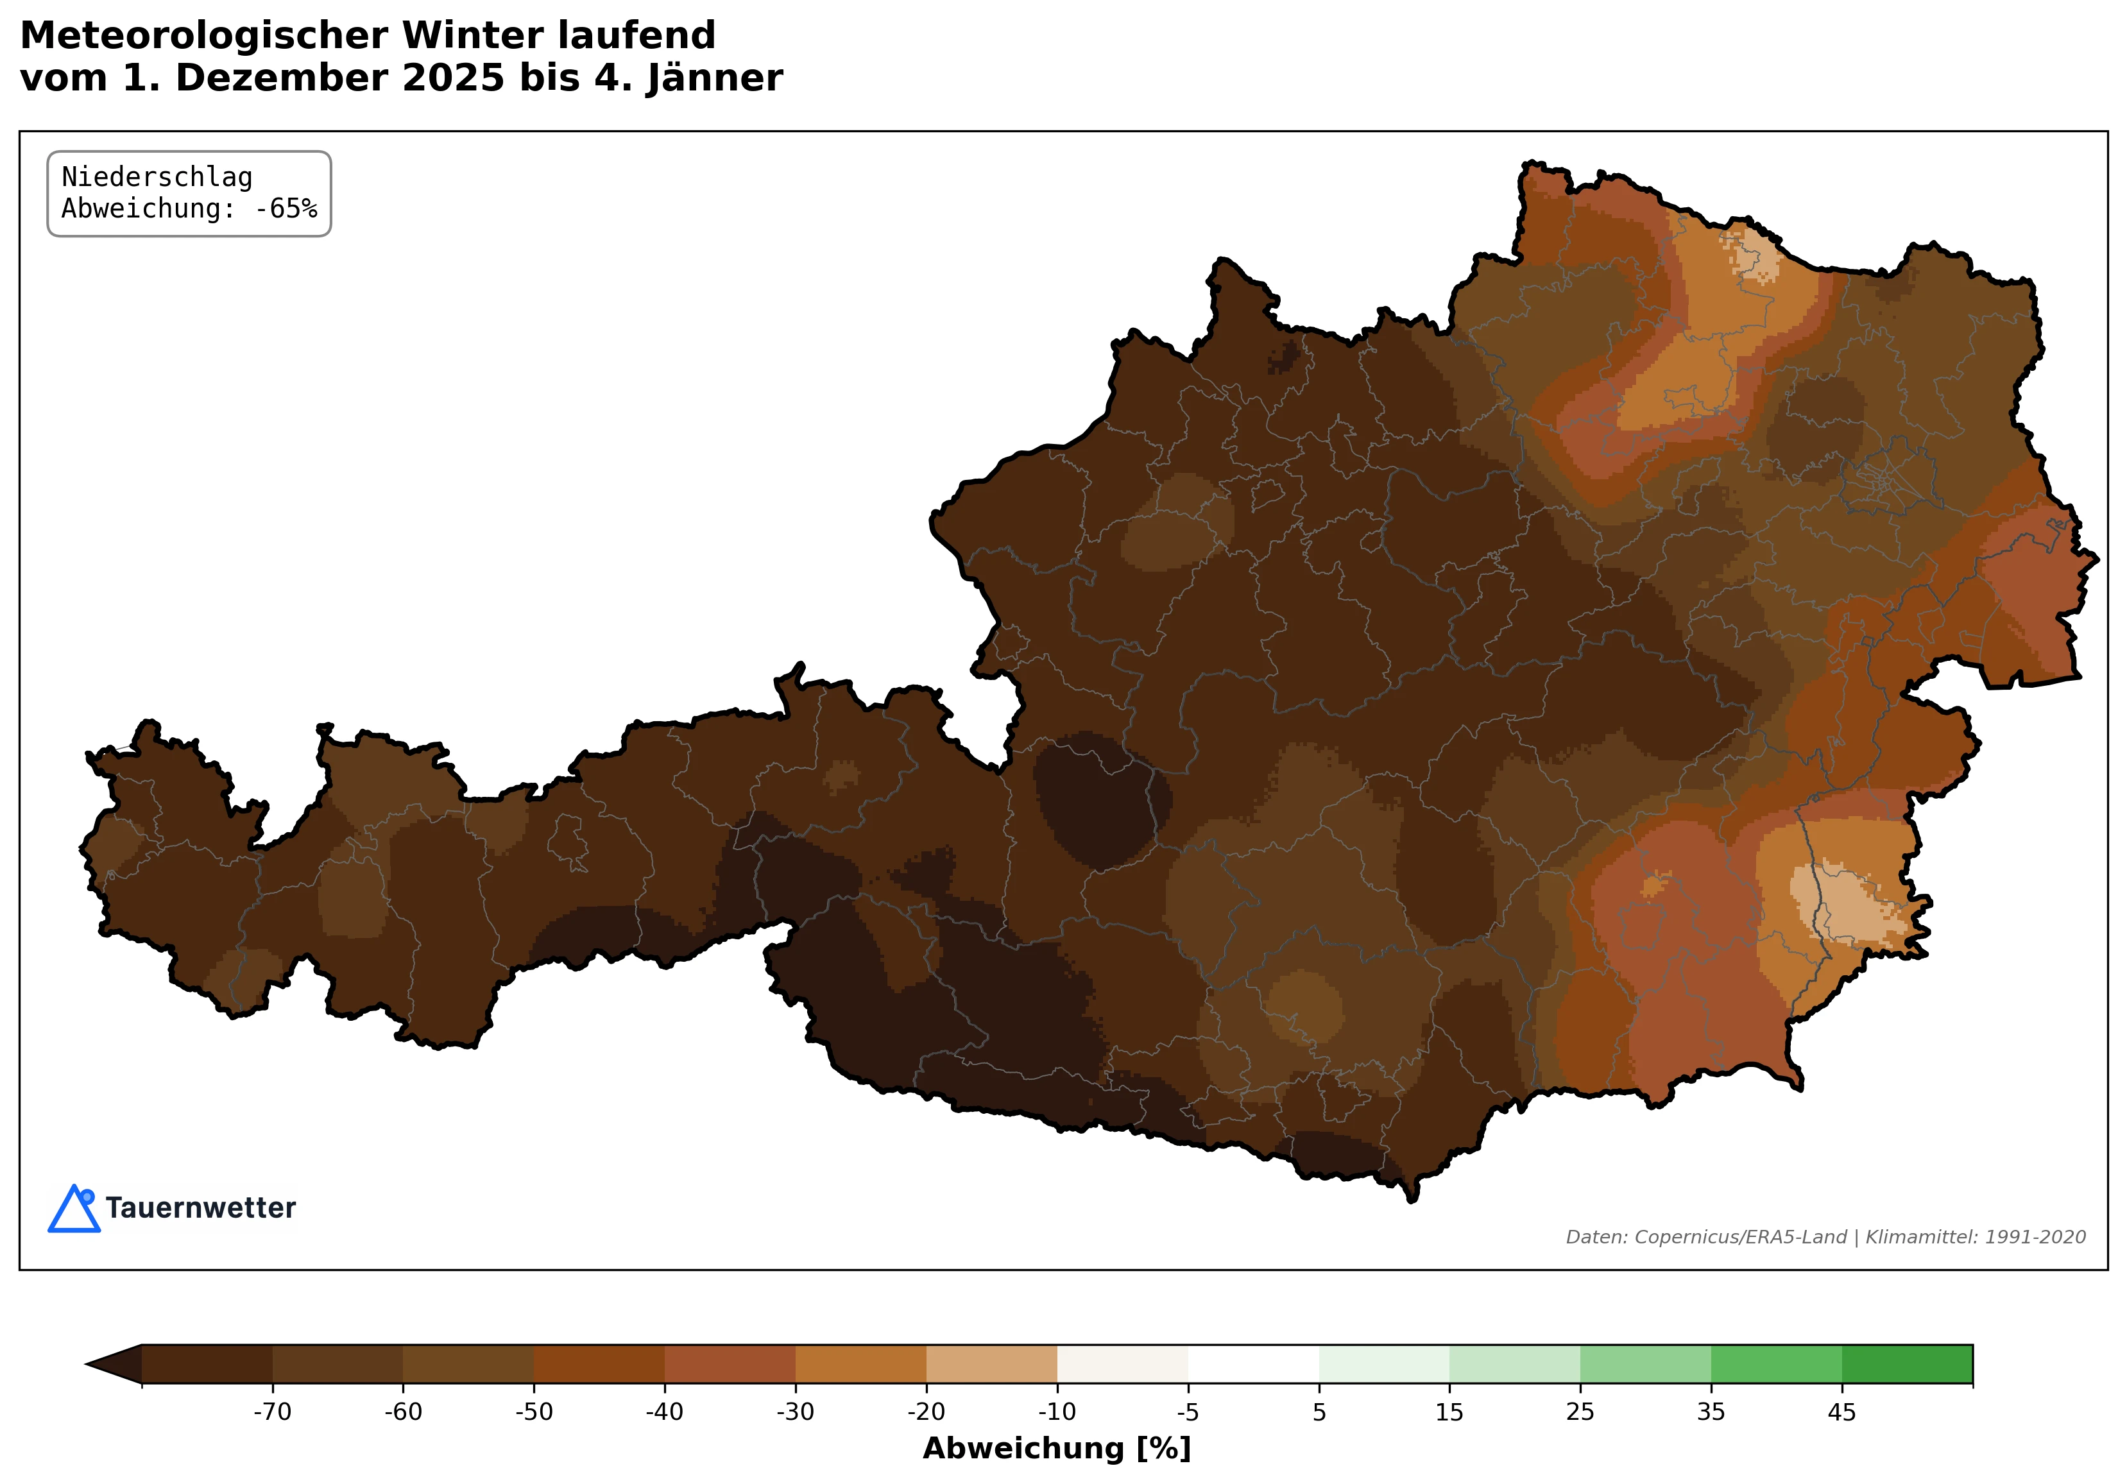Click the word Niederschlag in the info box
pyautogui.click(x=157, y=177)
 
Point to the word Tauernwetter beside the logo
pyautogui.click(x=200, y=1208)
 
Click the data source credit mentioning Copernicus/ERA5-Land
pyautogui.click(x=1825, y=1238)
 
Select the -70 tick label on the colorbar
pyautogui.click(x=271, y=1412)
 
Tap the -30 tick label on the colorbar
pyautogui.click(x=795, y=1412)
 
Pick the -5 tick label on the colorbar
pyautogui.click(x=1188, y=1412)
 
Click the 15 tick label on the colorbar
pyautogui.click(x=1449, y=1412)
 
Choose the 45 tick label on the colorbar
pyautogui.click(x=1841, y=1412)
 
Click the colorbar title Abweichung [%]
pyautogui.click(x=1056, y=1448)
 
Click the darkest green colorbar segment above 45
pyautogui.click(x=1906, y=1363)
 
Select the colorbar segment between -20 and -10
pyautogui.click(x=991, y=1363)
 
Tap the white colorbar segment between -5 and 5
pyautogui.click(x=1253, y=1363)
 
